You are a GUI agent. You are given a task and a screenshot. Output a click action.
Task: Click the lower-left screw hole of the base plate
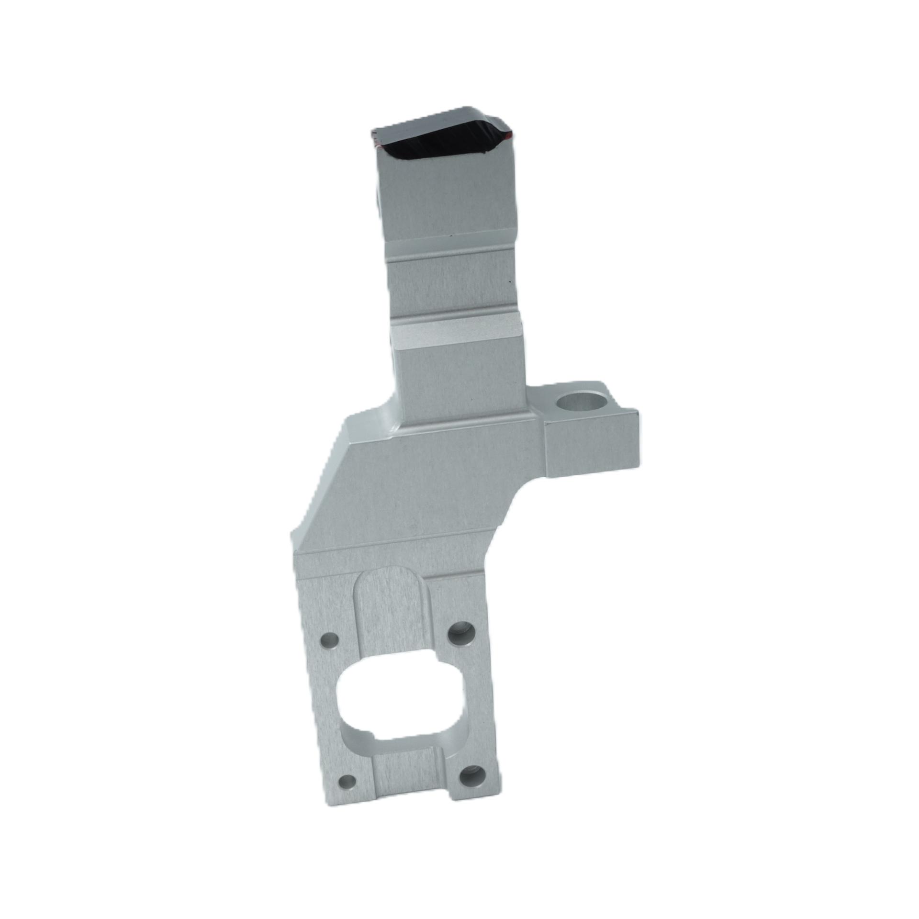click(x=346, y=783)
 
